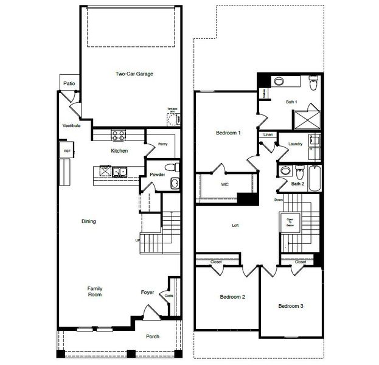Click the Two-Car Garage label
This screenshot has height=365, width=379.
pyautogui.click(x=134, y=74)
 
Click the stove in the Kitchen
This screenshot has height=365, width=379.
pyautogui.click(x=118, y=135)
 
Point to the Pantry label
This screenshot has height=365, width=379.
pyautogui.click(x=162, y=144)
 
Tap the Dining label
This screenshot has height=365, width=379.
pyautogui.click(x=89, y=221)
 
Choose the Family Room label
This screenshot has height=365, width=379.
pyautogui.click(x=94, y=291)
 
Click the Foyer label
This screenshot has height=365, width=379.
pyautogui.click(x=147, y=292)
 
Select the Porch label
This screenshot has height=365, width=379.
pyautogui.click(x=152, y=336)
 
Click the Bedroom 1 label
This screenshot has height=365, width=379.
pyautogui.click(x=228, y=133)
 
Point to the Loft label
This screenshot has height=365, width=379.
pyautogui.click(x=235, y=225)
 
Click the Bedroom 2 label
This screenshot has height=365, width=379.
pyautogui.click(x=232, y=297)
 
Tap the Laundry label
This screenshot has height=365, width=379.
pyautogui.click(x=296, y=144)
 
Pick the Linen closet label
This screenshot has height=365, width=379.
pyautogui.click(x=268, y=134)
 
